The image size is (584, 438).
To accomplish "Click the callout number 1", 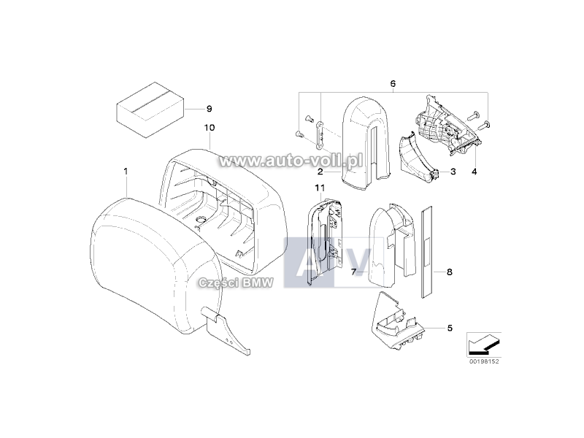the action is click(126, 172).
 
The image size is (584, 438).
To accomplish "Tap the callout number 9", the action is click(210, 109).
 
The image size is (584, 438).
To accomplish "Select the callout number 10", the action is click(210, 128).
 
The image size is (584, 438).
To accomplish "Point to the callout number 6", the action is click(393, 83).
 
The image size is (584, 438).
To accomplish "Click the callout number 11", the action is click(320, 188).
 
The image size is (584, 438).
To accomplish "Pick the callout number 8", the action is click(450, 272).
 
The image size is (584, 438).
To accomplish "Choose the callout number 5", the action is click(450, 328).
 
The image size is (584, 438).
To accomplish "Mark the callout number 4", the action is click(474, 172).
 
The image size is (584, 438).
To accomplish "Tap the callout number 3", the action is click(453, 172).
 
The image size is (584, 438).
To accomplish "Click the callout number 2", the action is click(320, 172).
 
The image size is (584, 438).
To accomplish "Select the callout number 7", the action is click(354, 272).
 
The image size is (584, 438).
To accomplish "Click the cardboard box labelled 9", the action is click(151, 109).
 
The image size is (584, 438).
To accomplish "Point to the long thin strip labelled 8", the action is click(426, 251).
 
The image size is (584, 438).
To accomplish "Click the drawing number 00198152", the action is click(484, 361).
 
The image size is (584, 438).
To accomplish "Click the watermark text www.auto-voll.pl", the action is click(291, 161).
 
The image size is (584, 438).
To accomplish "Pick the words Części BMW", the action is click(236, 283).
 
